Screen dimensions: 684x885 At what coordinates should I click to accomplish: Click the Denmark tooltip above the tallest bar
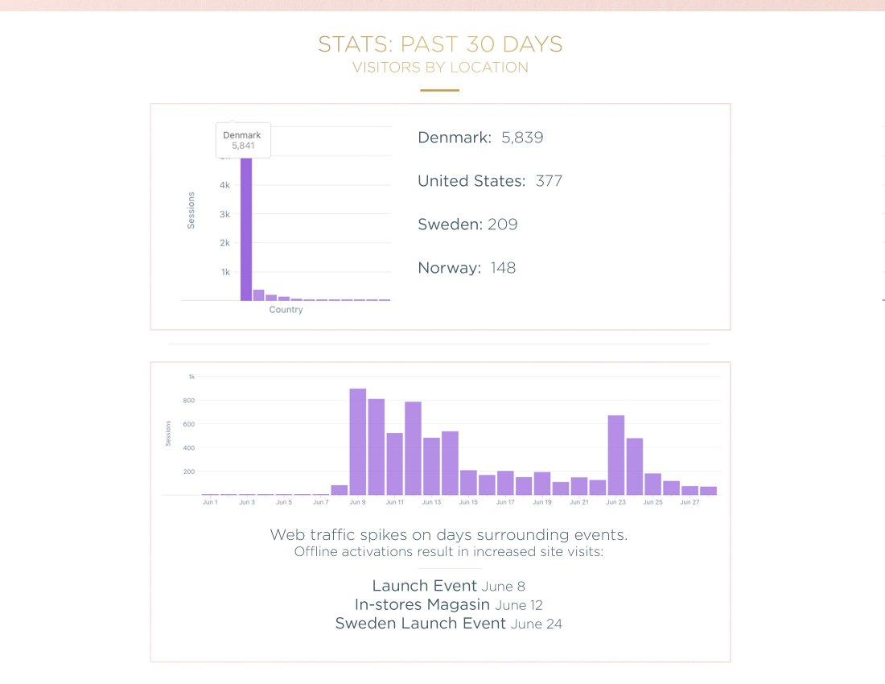[242, 140]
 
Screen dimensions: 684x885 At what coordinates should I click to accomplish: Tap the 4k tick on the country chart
[225, 185]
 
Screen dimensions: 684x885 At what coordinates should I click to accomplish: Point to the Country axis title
[286, 310]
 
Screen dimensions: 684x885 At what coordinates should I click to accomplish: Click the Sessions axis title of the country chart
[191, 210]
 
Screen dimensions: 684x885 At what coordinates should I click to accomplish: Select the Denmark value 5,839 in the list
[522, 138]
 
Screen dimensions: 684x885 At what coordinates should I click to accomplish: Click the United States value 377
[549, 181]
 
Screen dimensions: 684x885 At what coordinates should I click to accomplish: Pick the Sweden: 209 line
[467, 225]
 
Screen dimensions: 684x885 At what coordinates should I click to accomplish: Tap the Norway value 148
[503, 268]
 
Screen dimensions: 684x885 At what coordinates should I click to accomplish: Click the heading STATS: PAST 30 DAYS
[440, 44]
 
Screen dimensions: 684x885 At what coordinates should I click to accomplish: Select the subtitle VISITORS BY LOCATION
[440, 68]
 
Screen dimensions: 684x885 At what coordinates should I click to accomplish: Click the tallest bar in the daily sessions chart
[358, 442]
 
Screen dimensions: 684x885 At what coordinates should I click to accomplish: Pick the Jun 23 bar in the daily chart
[616, 455]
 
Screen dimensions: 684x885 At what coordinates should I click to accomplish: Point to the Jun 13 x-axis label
[432, 502]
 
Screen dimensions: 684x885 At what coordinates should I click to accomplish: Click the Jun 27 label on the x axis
[689, 502]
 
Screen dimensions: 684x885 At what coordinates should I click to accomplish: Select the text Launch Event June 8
[448, 586]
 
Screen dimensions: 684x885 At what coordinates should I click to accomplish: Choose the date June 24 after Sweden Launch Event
[536, 624]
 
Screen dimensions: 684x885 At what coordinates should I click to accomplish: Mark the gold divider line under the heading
[440, 90]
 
